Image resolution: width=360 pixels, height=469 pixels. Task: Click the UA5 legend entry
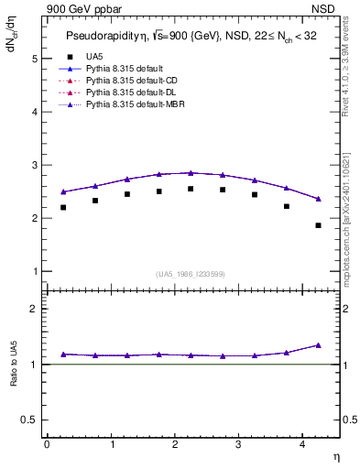[x=94, y=57]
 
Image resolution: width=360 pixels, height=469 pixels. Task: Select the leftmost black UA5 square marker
[x=63, y=208]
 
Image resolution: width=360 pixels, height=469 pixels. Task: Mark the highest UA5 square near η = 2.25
[x=191, y=189]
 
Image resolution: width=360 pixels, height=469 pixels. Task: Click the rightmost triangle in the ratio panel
[x=318, y=345]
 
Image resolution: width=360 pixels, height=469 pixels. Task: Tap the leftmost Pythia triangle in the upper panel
[x=63, y=191]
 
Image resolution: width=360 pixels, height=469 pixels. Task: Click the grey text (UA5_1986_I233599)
[x=191, y=275]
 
